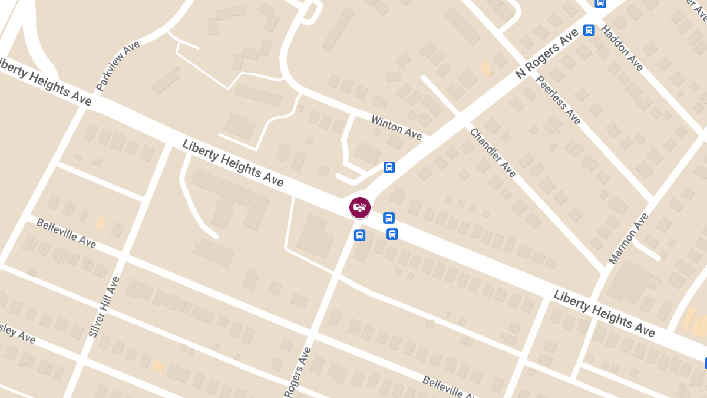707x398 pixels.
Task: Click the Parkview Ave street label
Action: click(118, 65)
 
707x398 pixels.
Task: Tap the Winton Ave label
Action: click(397, 127)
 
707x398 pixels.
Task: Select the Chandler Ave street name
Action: click(493, 152)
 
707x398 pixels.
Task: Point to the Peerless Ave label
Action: click(559, 100)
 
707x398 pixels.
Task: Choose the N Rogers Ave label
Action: click(547, 54)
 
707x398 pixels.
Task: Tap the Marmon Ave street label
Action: click(628, 238)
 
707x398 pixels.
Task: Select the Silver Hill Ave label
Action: click(104, 307)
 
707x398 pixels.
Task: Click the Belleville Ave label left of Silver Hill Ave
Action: click(66, 233)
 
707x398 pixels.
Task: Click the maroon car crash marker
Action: click(360, 207)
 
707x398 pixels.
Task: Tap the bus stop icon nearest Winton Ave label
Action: click(389, 167)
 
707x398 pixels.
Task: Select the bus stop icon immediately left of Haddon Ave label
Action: click(589, 30)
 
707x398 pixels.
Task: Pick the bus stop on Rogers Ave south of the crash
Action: click(359, 235)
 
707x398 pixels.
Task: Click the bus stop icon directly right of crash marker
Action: click(389, 218)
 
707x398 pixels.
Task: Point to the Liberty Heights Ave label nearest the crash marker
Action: click(233, 163)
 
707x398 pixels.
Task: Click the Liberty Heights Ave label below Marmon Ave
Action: click(604, 313)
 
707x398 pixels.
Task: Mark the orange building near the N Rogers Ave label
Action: click(485, 69)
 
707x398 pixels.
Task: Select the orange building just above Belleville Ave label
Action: click(101, 223)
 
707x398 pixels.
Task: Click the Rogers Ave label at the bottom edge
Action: click(298, 373)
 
